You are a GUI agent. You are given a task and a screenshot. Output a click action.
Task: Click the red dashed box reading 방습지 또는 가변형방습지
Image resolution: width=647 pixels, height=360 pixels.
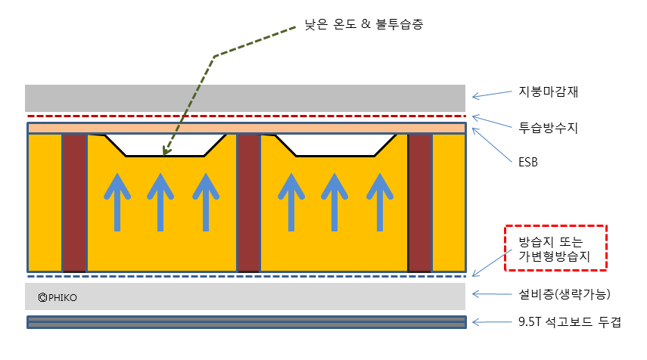click(x=556, y=247)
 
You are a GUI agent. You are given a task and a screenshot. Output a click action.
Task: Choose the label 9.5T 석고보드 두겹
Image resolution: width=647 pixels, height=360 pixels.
click(x=559, y=322)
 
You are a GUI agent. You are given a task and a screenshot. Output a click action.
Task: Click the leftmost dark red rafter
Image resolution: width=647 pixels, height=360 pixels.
click(x=74, y=203)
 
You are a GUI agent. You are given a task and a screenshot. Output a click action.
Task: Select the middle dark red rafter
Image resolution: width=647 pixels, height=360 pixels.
click(x=249, y=203)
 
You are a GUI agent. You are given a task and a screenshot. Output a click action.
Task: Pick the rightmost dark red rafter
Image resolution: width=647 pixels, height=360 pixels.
click(x=420, y=203)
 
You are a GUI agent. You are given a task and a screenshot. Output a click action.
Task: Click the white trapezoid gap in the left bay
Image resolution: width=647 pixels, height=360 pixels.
click(x=165, y=144)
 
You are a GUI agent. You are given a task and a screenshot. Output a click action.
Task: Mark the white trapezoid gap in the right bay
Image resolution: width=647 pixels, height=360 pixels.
click(x=335, y=144)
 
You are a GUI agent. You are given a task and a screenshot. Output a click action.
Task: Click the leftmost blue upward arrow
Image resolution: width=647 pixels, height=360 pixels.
click(x=117, y=201)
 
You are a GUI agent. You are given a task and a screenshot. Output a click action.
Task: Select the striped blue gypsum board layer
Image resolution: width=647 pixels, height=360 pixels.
click(x=246, y=322)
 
